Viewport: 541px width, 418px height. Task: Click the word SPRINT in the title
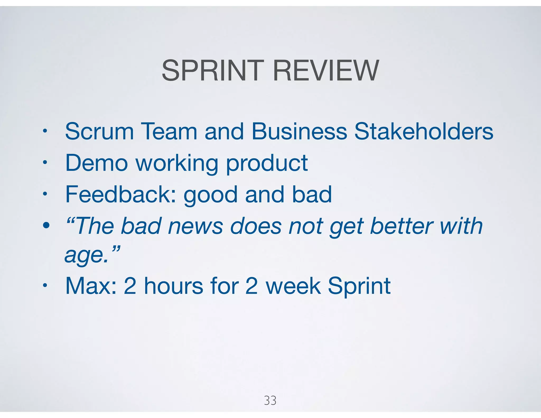pos(213,71)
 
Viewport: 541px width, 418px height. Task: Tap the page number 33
pos(270,401)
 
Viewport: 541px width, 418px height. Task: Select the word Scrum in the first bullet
pos(99,131)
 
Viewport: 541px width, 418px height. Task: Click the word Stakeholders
pos(423,131)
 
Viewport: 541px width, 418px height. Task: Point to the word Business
pos(299,131)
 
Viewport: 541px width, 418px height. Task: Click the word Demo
pos(96,163)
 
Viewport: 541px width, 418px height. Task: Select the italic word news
pos(196,226)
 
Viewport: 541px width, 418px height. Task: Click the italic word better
pos(402,226)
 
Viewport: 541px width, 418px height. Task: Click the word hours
pos(174,286)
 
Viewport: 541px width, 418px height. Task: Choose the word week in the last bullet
pos(293,286)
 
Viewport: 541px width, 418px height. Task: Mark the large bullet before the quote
pos(46,225)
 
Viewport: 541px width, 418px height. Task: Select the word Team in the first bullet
pos(169,131)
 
